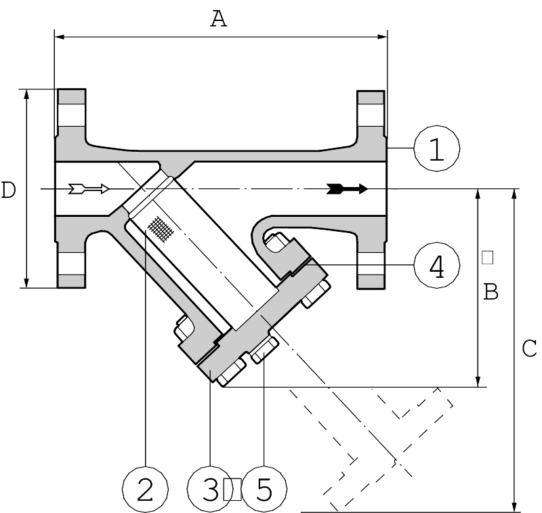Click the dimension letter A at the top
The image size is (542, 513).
pyautogui.click(x=218, y=18)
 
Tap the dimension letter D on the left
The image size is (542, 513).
pyautogui.click(x=8, y=190)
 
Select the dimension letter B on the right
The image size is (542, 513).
pyautogui.click(x=491, y=291)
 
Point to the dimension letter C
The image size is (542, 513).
pyautogui.click(x=529, y=348)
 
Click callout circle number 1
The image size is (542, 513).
pyautogui.click(x=437, y=148)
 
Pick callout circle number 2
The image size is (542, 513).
pyautogui.click(x=145, y=489)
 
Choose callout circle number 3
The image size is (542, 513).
pyautogui.click(x=210, y=489)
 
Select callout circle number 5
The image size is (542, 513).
pyautogui.click(x=264, y=489)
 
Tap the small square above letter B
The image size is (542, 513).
pyautogui.click(x=487, y=257)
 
